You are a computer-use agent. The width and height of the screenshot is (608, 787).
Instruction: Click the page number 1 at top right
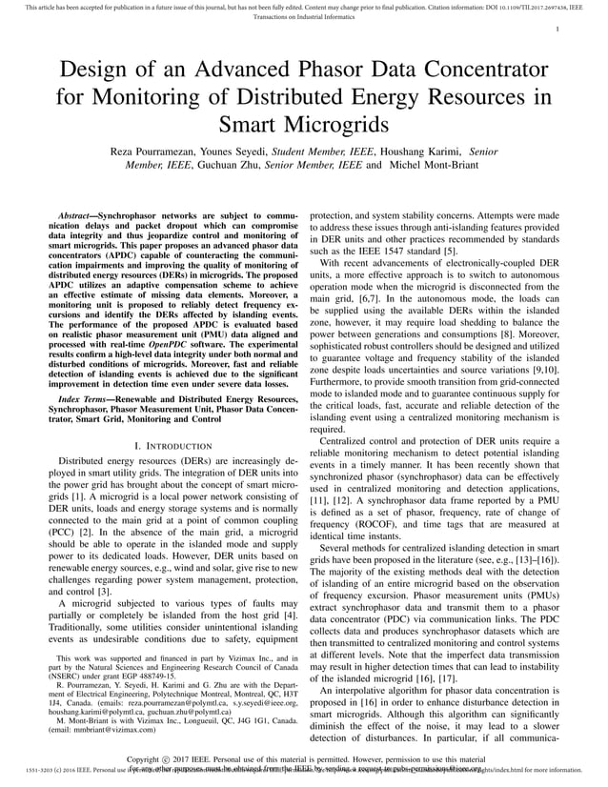[x=556, y=30]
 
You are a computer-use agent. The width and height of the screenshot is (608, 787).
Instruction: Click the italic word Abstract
[x=77, y=217]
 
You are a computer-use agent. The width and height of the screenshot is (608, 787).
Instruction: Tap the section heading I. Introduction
[x=174, y=446]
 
